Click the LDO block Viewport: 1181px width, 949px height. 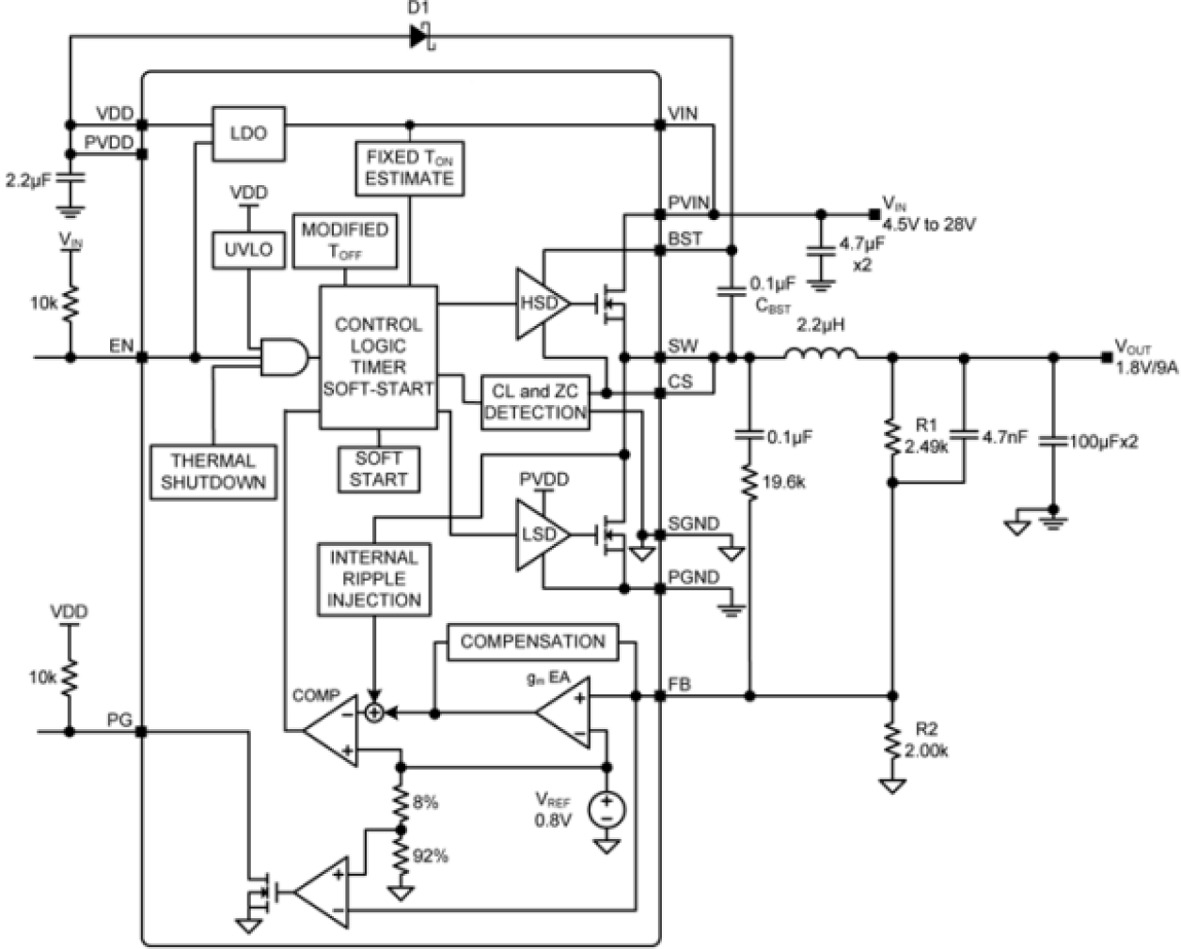(x=248, y=133)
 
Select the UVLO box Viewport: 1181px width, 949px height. (x=248, y=250)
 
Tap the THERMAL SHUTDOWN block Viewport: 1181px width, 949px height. (x=213, y=472)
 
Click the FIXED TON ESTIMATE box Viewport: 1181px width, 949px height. (x=409, y=168)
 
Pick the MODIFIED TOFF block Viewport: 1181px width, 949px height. (x=345, y=241)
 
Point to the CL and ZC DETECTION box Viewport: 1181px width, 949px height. (x=535, y=402)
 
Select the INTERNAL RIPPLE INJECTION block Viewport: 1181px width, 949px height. (x=374, y=579)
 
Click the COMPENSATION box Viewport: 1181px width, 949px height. (x=532, y=642)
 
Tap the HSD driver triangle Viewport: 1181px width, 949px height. (x=539, y=303)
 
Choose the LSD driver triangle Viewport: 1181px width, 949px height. (x=539, y=536)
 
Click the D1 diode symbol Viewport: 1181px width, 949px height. (x=420, y=38)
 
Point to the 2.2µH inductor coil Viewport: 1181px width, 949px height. (x=820, y=354)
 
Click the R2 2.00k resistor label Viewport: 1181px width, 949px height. (x=926, y=740)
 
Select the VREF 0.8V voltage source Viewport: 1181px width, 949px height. (x=606, y=809)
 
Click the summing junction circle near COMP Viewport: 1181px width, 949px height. (x=374, y=713)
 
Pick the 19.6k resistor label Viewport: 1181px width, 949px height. (x=783, y=483)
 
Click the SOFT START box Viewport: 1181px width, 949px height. (x=379, y=469)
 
